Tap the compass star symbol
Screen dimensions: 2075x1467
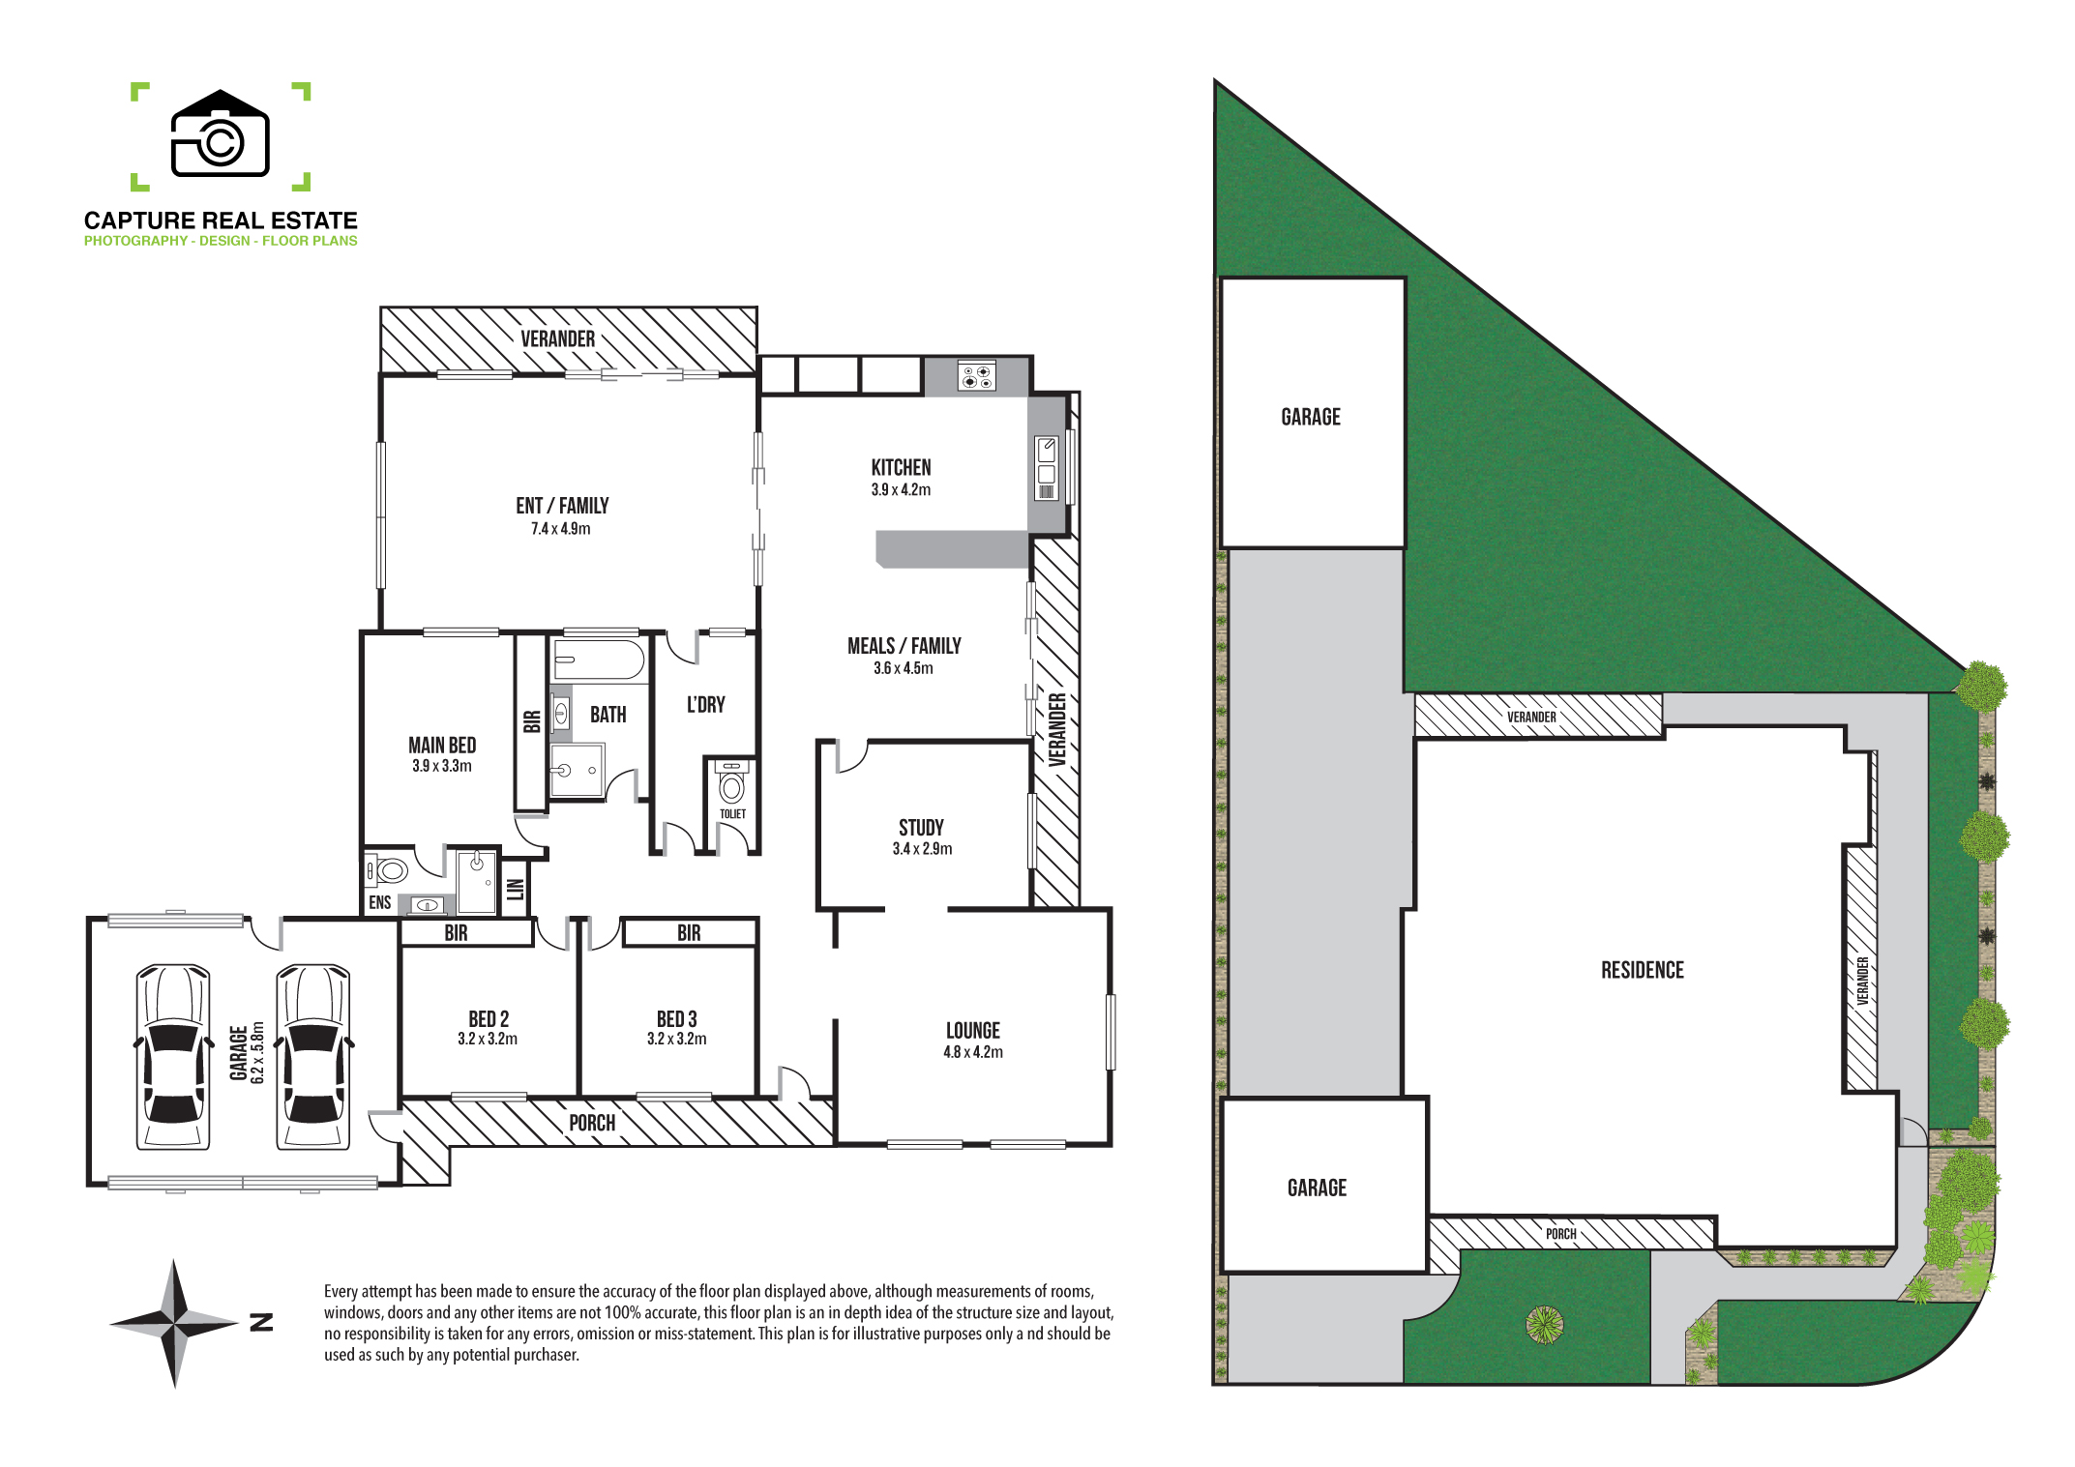tap(174, 1323)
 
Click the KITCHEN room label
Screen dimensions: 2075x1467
tap(901, 467)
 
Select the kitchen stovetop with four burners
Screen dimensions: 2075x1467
tap(976, 375)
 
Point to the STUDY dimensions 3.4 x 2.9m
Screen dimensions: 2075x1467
tap(922, 849)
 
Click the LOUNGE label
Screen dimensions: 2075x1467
tap(973, 1031)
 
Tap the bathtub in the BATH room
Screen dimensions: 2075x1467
tap(599, 660)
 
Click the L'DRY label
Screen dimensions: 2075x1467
tap(706, 705)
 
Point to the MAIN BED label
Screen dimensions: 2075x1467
tap(442, 745)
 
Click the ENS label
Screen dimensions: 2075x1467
tap(380, 902)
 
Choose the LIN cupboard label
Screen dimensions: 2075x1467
tap(516, 889)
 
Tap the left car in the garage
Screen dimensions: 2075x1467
tap(173, 1057)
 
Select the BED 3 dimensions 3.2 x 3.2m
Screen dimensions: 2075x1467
tap(677, 1040)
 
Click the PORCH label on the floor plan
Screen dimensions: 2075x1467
tap(592, 1123)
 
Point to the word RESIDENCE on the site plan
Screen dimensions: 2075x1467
tap(1643, 970)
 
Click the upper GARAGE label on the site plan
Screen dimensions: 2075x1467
tap(1311, 417)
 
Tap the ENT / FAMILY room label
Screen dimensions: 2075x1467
tap(562, 506)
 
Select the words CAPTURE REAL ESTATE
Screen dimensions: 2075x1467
tap(221, 220)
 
